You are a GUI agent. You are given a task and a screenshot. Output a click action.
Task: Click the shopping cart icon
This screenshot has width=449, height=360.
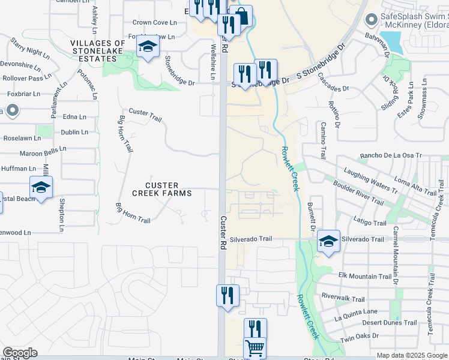coord(255,347)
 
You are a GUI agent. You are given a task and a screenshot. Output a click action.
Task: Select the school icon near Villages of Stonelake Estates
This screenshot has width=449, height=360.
coord(147,47)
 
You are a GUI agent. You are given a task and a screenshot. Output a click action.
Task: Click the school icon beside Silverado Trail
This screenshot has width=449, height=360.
coord(328,241)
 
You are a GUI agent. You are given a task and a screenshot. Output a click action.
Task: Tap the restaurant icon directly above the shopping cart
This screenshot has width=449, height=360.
coord(255,328)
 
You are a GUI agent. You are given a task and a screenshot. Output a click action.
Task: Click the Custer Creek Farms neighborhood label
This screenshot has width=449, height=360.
coord(162,188)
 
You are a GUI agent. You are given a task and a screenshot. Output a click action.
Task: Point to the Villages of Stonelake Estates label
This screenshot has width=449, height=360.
coord(98,47)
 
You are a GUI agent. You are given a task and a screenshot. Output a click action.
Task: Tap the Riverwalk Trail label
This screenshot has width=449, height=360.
coord(343,298)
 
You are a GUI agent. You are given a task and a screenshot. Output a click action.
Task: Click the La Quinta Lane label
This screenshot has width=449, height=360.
coord(356,311)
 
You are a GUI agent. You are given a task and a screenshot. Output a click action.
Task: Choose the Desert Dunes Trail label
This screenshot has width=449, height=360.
coord(390,322)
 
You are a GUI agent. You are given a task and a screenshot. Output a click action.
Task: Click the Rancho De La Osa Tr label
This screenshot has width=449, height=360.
coord(391,156)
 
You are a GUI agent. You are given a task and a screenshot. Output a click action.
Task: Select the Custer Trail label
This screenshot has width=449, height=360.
coord(145,115)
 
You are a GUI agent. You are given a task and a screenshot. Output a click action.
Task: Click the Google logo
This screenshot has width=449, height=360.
coord(20,353)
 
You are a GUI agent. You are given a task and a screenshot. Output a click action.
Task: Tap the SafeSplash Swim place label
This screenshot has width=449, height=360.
coord(414,21)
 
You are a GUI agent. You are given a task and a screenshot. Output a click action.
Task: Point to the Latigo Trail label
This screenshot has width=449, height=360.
coord(370,223)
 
